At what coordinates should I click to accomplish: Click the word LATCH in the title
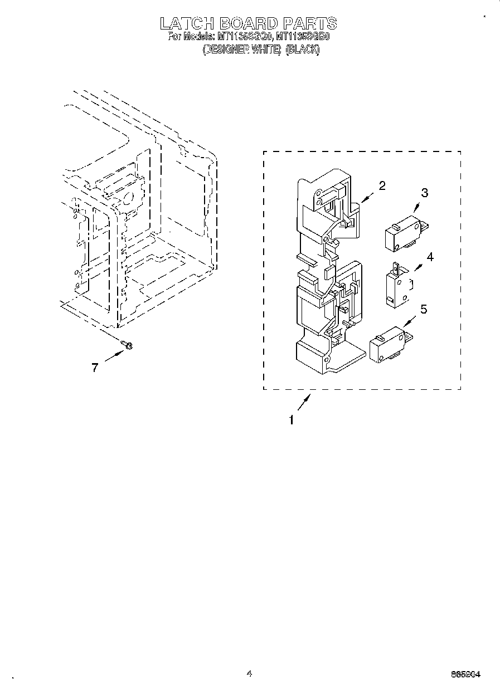click(x=187, y=23)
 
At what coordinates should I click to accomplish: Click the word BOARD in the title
click(x=249, y=23)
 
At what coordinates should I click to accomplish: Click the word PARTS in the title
click(x=309, y=23)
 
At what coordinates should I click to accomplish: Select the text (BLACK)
click(x=303, y=50)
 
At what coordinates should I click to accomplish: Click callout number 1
click(x=290, y=420)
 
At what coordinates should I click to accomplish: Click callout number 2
click(x=382, y=186)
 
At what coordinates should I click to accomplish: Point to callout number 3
click(x=425, y=193)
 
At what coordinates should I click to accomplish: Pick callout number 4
click(x=429, y=257)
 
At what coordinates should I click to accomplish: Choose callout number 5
click(x=424, y=309)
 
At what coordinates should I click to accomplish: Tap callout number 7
click(x=95, y=368)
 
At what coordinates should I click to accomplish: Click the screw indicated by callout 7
click(x=127, y=346)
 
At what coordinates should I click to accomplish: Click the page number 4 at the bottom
click(x=249, y=673)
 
